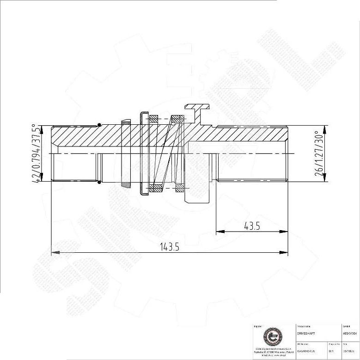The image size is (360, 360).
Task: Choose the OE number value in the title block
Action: click(x=306, y=351)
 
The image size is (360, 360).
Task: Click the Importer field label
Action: click(x=258, y=326)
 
